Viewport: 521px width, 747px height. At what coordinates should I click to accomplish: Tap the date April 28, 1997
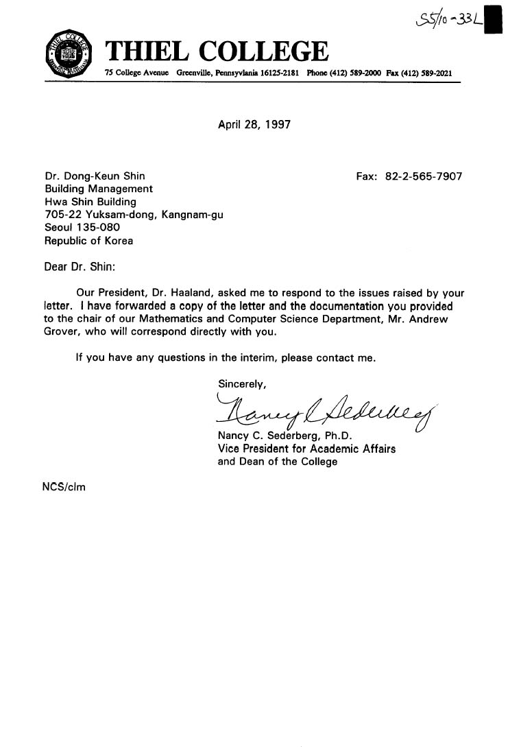[x=254, y=125]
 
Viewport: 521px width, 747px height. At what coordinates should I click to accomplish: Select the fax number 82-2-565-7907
[x=424, y=176]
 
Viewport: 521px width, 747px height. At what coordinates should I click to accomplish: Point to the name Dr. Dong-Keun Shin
[x=95, y=176]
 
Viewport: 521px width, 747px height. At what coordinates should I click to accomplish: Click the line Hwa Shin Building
[x=90, y=202]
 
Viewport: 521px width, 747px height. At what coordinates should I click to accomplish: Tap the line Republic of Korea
[x=89, y=241]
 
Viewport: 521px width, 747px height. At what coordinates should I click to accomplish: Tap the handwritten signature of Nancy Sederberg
[x=322, y=411]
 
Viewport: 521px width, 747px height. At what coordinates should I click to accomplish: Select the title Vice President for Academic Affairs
[x=306, y=449]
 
